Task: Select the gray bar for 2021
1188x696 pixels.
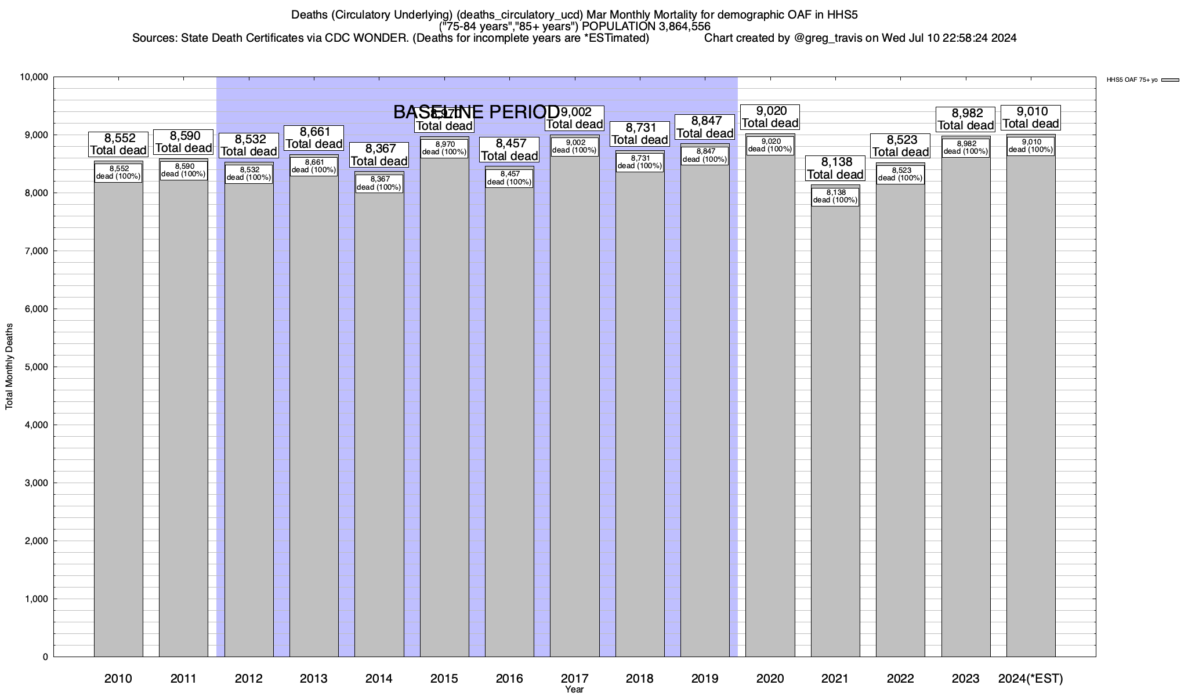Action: click(835, 429)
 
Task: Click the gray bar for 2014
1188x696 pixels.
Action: click(379, 423)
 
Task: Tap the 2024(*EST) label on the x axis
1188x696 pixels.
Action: click(1031, 679)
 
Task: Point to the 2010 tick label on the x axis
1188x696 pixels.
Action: click(118, 679)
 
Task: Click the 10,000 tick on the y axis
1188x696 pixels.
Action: click(34, 77)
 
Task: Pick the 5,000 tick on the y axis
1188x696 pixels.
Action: click(35, 367)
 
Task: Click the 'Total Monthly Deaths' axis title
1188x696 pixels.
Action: click(9, 367)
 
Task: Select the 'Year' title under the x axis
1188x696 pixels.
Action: click(574, 690)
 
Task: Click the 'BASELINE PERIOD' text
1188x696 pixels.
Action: click(476, 112)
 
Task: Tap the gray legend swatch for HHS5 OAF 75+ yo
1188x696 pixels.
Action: click(1171, 80)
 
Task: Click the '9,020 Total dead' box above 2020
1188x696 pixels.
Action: click(770, 117)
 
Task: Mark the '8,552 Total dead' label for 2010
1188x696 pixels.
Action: click(118, 144)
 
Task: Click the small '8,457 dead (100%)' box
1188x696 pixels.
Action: click(509, 178)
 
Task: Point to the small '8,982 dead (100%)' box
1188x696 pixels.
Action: click(966, 148)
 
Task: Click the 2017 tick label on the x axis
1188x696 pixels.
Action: click(574, 679)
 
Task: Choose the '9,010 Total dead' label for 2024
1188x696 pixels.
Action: click(1031, 118)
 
